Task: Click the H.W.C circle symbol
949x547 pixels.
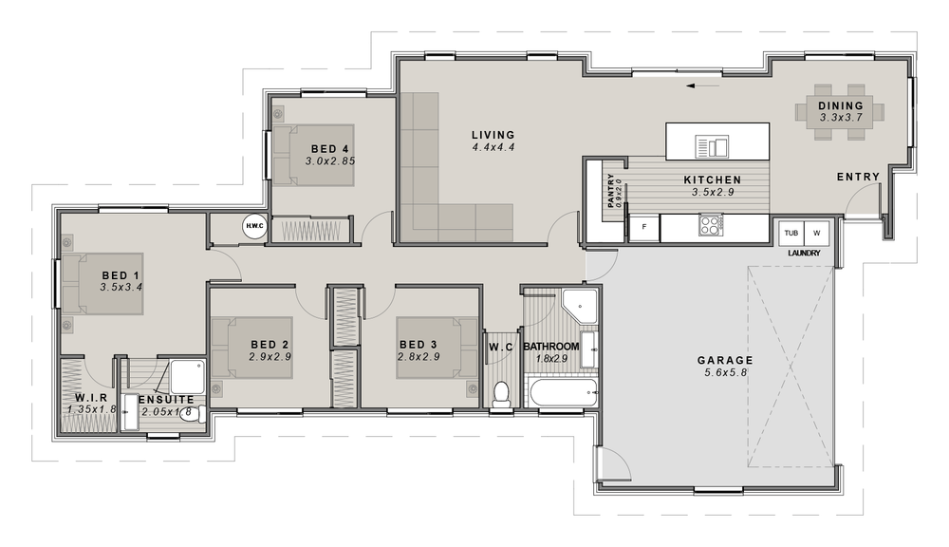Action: click(254, 227)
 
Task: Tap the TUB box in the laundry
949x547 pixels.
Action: click(791, 233)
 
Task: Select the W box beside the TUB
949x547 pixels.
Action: click(816, 233)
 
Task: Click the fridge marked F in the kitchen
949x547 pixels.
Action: click(644, 227)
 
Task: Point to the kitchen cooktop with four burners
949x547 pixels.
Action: click(711, 225)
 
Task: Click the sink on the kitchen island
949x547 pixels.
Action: click(713, 146)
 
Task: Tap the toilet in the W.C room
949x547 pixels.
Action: click(501, 394)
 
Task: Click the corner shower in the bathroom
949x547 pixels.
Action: click(579, 307)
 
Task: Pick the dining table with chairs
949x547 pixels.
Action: click(840, 112)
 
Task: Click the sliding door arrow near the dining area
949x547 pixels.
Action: click(703, 86)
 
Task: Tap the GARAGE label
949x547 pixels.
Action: click(725, 361)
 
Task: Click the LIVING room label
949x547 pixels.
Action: click(493, 135)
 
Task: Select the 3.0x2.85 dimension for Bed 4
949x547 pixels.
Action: click(330, 161)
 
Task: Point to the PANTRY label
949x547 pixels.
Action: click(610, 190)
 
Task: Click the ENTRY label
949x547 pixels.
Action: click(858, 177)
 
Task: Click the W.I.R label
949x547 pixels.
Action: click(91, 398)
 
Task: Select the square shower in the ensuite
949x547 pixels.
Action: click(188, 377)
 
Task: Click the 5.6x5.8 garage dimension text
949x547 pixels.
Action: click(725, 372)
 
